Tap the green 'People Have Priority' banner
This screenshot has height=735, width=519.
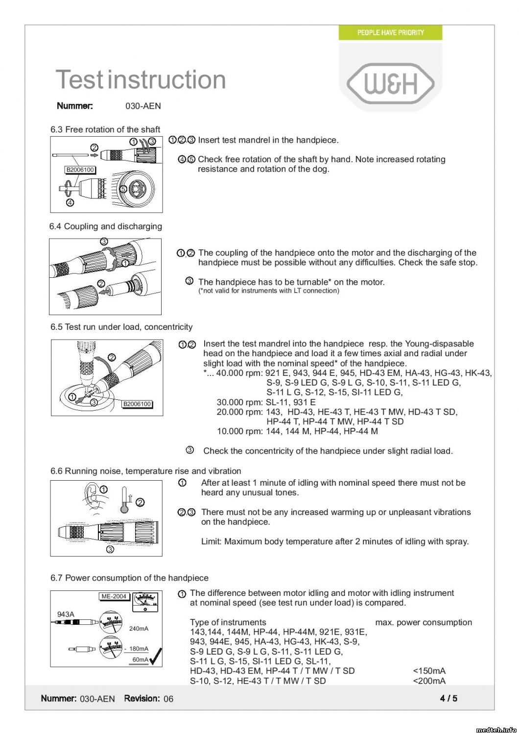pyautogui.click(x=390, y=33)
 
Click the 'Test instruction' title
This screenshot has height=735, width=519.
pyautogui.click(x=141, y=79)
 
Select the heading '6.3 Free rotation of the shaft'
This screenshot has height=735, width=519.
pyautogui.click(x=105, y=129)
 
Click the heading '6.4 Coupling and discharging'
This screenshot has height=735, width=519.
pyautogui.click(x=105, y=226)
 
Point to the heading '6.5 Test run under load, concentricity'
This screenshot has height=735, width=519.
pyautogui.click(x=121, y=327)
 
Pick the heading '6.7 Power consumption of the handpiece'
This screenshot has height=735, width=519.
pyautogui.click(x=129, y=578)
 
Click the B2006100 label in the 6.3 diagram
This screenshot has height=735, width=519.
pyautogui.click(x=80, y=170)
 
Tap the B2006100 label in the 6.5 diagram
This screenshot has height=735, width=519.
pyautogui.click(x=137, y=404)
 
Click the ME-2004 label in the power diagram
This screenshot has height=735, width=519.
pyautogui.click(x=114, y=596)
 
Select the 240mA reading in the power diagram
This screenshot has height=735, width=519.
pyautogui.click(x=139, y=629)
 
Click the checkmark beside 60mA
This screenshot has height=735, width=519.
pyautogui.click(x=156, y=657)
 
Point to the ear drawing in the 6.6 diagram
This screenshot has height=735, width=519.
pyautogui.click(x=92, y=495)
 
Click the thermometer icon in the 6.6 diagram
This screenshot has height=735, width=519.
pyautogui.click(x=125, y=500)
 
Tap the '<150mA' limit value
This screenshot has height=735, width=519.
pyautogui.click(x=429, y=671)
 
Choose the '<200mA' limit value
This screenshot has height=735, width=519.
pyautogui.click(x=429, y=681)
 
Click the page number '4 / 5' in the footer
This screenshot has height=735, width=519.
pyautogui.click(x=448, y=698)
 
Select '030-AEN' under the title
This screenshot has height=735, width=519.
pyautogui.click(x=143, y=106)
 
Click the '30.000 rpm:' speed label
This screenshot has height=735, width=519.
pyautogui.click(x=239, y=402)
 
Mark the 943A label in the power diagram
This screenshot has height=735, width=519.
pyautogui.click(x=66, y=614)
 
